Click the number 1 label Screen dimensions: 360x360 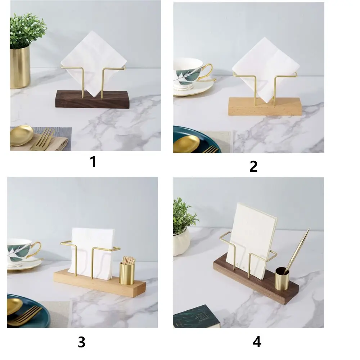coord(93,162)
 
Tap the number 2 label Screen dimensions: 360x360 coord(253,166)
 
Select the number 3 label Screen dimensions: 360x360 coord(82,342)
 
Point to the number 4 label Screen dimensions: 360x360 coord(257,342)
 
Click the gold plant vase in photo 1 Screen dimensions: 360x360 coord(20,67)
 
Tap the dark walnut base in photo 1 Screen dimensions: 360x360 coord(92,99)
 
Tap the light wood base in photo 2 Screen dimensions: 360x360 coord(265,106)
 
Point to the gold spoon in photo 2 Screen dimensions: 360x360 coord(186,144)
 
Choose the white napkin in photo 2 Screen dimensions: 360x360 coord(266,69)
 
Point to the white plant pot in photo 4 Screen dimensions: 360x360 coord(181,241)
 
